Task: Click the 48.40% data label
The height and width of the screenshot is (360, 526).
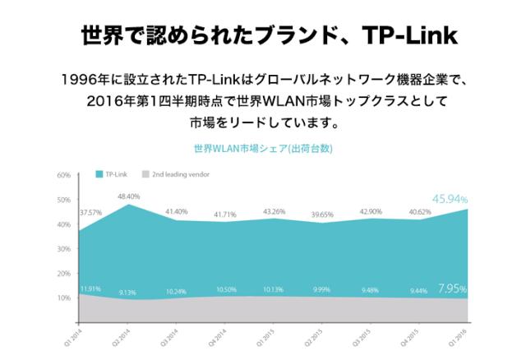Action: (x=129, y=196)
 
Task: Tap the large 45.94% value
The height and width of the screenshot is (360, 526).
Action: (x=450, y=199)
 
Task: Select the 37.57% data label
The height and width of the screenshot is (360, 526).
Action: (x=89, y=212)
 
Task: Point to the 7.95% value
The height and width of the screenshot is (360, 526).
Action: (x=453, y=288)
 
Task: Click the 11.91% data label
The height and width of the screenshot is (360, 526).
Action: (x=90, y=288)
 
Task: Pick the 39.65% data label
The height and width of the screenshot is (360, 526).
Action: (x=319, y=215)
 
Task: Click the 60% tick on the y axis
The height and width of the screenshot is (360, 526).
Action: (x=64, y=176)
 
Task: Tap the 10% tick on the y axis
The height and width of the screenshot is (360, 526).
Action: (x=64, y=298)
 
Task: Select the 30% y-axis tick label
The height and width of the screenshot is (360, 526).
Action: (x=64, y=249)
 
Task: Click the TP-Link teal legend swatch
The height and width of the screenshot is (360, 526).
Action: (x=99, y=175)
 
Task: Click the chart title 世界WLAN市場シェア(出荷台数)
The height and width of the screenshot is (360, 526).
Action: (x=262, y=151)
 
